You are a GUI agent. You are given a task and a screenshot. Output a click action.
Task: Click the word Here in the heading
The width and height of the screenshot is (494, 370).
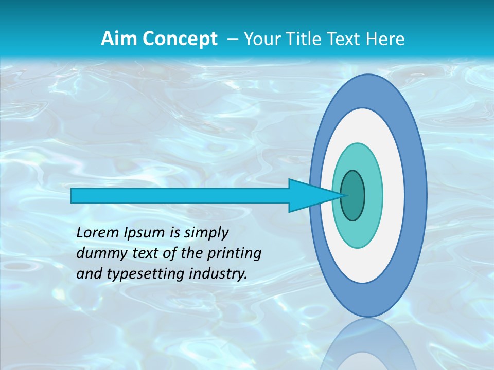pos(385,39)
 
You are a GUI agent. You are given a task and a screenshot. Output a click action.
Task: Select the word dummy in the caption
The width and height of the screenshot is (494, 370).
pos(97,253)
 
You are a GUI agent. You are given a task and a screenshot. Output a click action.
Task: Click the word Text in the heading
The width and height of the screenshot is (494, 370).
pos(346,39)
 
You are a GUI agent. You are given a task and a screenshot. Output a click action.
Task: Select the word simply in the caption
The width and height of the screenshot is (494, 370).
pos(206,233)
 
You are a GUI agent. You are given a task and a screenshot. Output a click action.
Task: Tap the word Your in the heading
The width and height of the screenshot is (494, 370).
pos(261,39)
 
